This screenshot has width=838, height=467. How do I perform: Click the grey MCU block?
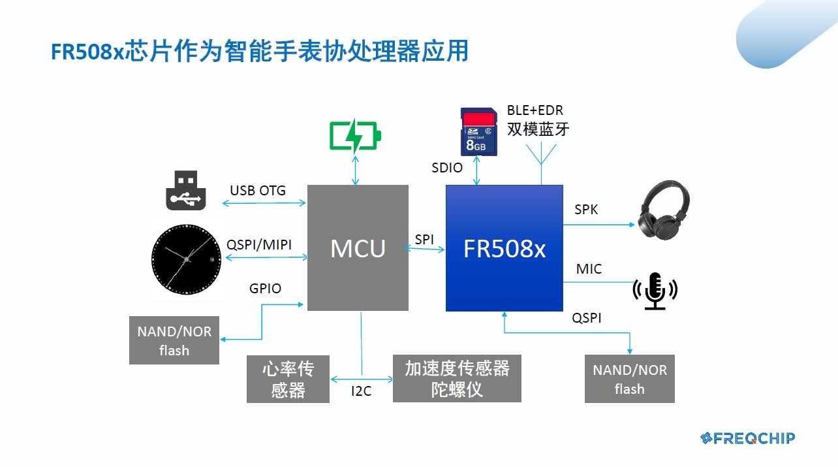[358, 248]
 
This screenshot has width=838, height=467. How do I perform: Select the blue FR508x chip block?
[504, 248]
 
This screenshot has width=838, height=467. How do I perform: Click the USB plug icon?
[186, 191]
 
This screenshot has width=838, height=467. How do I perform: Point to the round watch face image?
[186, 259]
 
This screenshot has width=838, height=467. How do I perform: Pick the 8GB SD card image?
[479, 132]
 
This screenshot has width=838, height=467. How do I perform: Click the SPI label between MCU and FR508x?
[424, 240]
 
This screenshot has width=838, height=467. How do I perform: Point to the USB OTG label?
[258, 191]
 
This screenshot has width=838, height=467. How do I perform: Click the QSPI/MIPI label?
[259, 245]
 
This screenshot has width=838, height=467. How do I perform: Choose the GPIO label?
[265, 289]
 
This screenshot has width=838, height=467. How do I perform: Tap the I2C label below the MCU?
[361, 391]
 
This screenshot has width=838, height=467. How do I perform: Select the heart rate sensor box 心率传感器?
[288, 379]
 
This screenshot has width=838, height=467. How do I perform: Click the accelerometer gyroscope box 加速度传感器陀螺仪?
[457, 379]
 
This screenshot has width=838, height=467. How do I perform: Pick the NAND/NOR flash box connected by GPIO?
[174, 340]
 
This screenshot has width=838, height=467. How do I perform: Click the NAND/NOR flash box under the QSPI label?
[629, 379]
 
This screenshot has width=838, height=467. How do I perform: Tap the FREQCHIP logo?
[747, 438]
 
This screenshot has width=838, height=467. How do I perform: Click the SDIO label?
[447, 168]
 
